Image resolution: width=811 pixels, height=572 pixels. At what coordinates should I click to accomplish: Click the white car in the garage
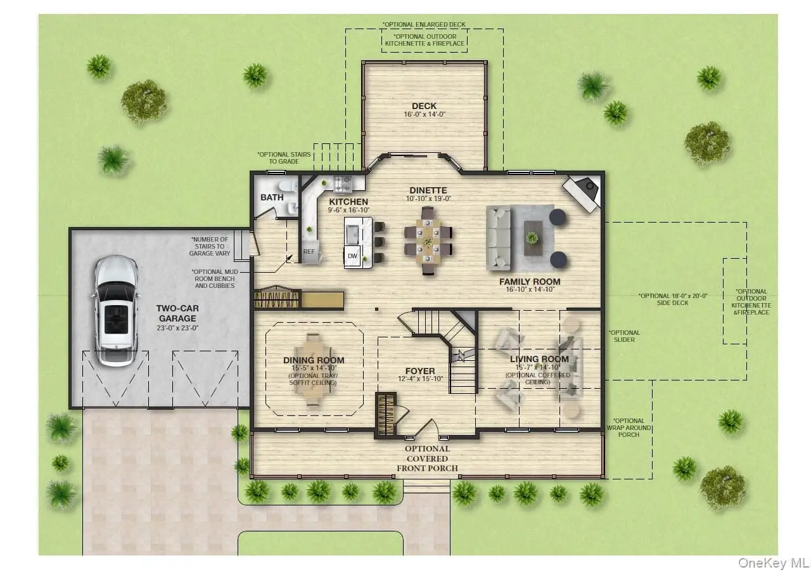coord(116,311)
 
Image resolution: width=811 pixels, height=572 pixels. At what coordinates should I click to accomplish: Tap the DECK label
coord(425,106)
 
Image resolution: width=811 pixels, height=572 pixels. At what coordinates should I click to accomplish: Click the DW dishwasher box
coord(352,256)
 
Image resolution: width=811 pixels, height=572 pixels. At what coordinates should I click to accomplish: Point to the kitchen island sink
coord(352,234)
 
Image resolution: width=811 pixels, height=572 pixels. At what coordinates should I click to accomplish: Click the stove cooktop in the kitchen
coord(342,183)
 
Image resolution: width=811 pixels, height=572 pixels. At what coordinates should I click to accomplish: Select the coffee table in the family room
coord(533,238)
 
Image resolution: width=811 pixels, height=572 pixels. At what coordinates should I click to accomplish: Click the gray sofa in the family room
coord(498,238)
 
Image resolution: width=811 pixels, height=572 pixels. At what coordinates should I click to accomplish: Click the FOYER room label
coord(420,371)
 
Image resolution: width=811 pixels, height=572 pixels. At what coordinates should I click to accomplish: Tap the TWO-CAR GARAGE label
coord(177,313)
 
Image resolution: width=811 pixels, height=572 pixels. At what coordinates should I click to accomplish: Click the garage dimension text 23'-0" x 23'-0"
coord(177,328)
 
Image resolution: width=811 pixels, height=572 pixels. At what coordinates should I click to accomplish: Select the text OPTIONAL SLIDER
coord(624,336)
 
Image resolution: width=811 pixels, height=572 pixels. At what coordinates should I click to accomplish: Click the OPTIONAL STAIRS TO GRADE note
coord(284,158)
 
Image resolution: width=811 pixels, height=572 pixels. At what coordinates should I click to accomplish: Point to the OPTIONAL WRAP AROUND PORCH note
coord(629,427)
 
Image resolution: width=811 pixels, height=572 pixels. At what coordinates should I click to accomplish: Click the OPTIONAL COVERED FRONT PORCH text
coord(427,458)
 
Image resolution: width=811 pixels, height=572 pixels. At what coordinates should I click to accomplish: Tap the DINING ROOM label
coord(314,360)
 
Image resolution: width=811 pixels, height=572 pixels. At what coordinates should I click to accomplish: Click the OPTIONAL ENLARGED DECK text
coord(424,24)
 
